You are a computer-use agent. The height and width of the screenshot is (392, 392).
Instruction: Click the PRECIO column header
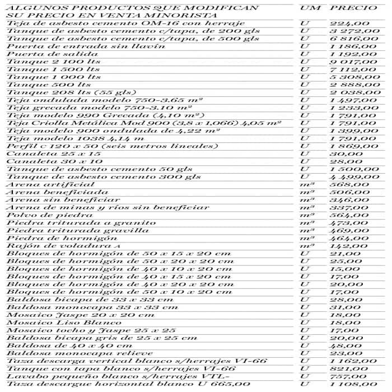[354, 8]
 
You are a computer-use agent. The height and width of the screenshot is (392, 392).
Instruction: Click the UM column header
[310, 8]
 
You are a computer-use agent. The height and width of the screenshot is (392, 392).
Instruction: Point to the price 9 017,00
[354, 62]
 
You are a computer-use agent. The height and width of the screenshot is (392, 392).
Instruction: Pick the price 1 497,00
[354, 100]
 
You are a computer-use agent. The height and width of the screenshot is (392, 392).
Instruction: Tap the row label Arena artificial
[43, 184]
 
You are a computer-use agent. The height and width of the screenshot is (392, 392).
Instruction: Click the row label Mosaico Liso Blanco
[56, 323]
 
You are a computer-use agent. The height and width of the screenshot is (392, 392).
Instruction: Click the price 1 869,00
[354, 146]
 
